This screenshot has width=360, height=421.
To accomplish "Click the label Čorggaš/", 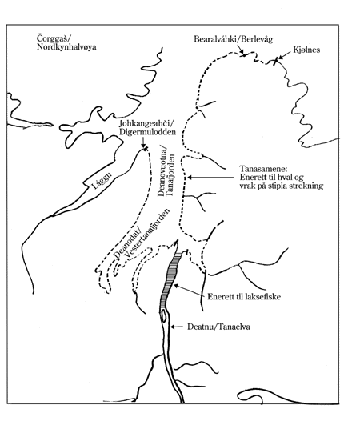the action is [54, 38].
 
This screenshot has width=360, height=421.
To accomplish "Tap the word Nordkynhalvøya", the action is [66, 47].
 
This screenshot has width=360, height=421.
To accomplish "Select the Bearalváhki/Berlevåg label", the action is [234, 39].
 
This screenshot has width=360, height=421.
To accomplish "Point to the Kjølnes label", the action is [306, 50].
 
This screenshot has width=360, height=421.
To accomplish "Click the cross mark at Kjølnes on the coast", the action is [275, 62].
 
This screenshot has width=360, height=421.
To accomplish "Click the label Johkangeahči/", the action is [146, 124].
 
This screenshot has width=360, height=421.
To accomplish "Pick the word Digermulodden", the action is [147, 132].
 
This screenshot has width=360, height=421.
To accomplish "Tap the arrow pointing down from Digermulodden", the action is [143, 142].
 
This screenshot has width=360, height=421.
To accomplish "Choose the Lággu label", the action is [102, 181].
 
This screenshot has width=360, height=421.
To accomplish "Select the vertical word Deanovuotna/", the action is [162, 173].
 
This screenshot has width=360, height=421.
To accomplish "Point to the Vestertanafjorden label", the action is [146, 235].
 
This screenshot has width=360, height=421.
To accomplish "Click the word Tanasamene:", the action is [263, 169].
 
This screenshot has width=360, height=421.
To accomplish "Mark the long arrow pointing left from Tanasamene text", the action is [210, 178].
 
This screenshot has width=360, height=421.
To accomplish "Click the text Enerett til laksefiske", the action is [244, 297].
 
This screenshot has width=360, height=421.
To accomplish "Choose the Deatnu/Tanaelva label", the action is [218, 327].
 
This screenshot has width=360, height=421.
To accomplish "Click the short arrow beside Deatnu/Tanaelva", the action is [177, 327].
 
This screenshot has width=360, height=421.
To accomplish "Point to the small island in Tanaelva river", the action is [164, 315].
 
